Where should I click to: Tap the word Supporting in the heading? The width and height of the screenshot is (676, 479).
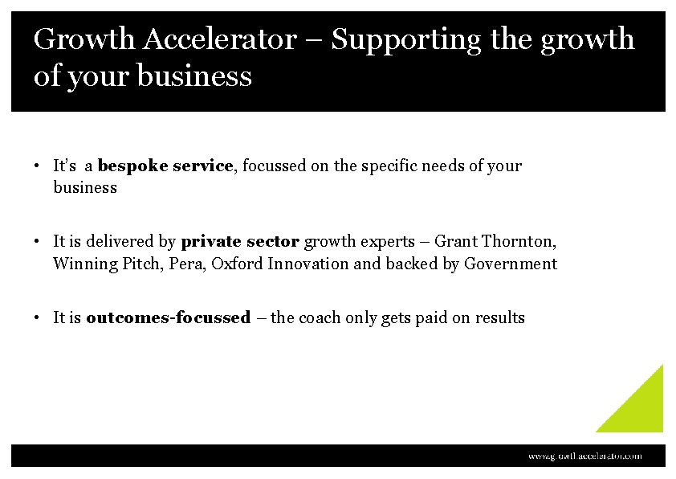point(406,39)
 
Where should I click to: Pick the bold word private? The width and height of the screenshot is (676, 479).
point(211,241)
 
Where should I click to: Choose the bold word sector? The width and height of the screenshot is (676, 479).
point(273,241)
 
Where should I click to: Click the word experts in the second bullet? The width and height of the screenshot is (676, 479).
point(387,241)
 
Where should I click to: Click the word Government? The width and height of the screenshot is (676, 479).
point(511,264)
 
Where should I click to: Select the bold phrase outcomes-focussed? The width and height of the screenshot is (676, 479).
point(169,317)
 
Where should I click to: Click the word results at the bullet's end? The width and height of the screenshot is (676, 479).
point(500,317)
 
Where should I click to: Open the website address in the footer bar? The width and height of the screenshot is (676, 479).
point(584,456)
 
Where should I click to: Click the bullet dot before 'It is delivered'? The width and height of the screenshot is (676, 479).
point(38,241)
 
